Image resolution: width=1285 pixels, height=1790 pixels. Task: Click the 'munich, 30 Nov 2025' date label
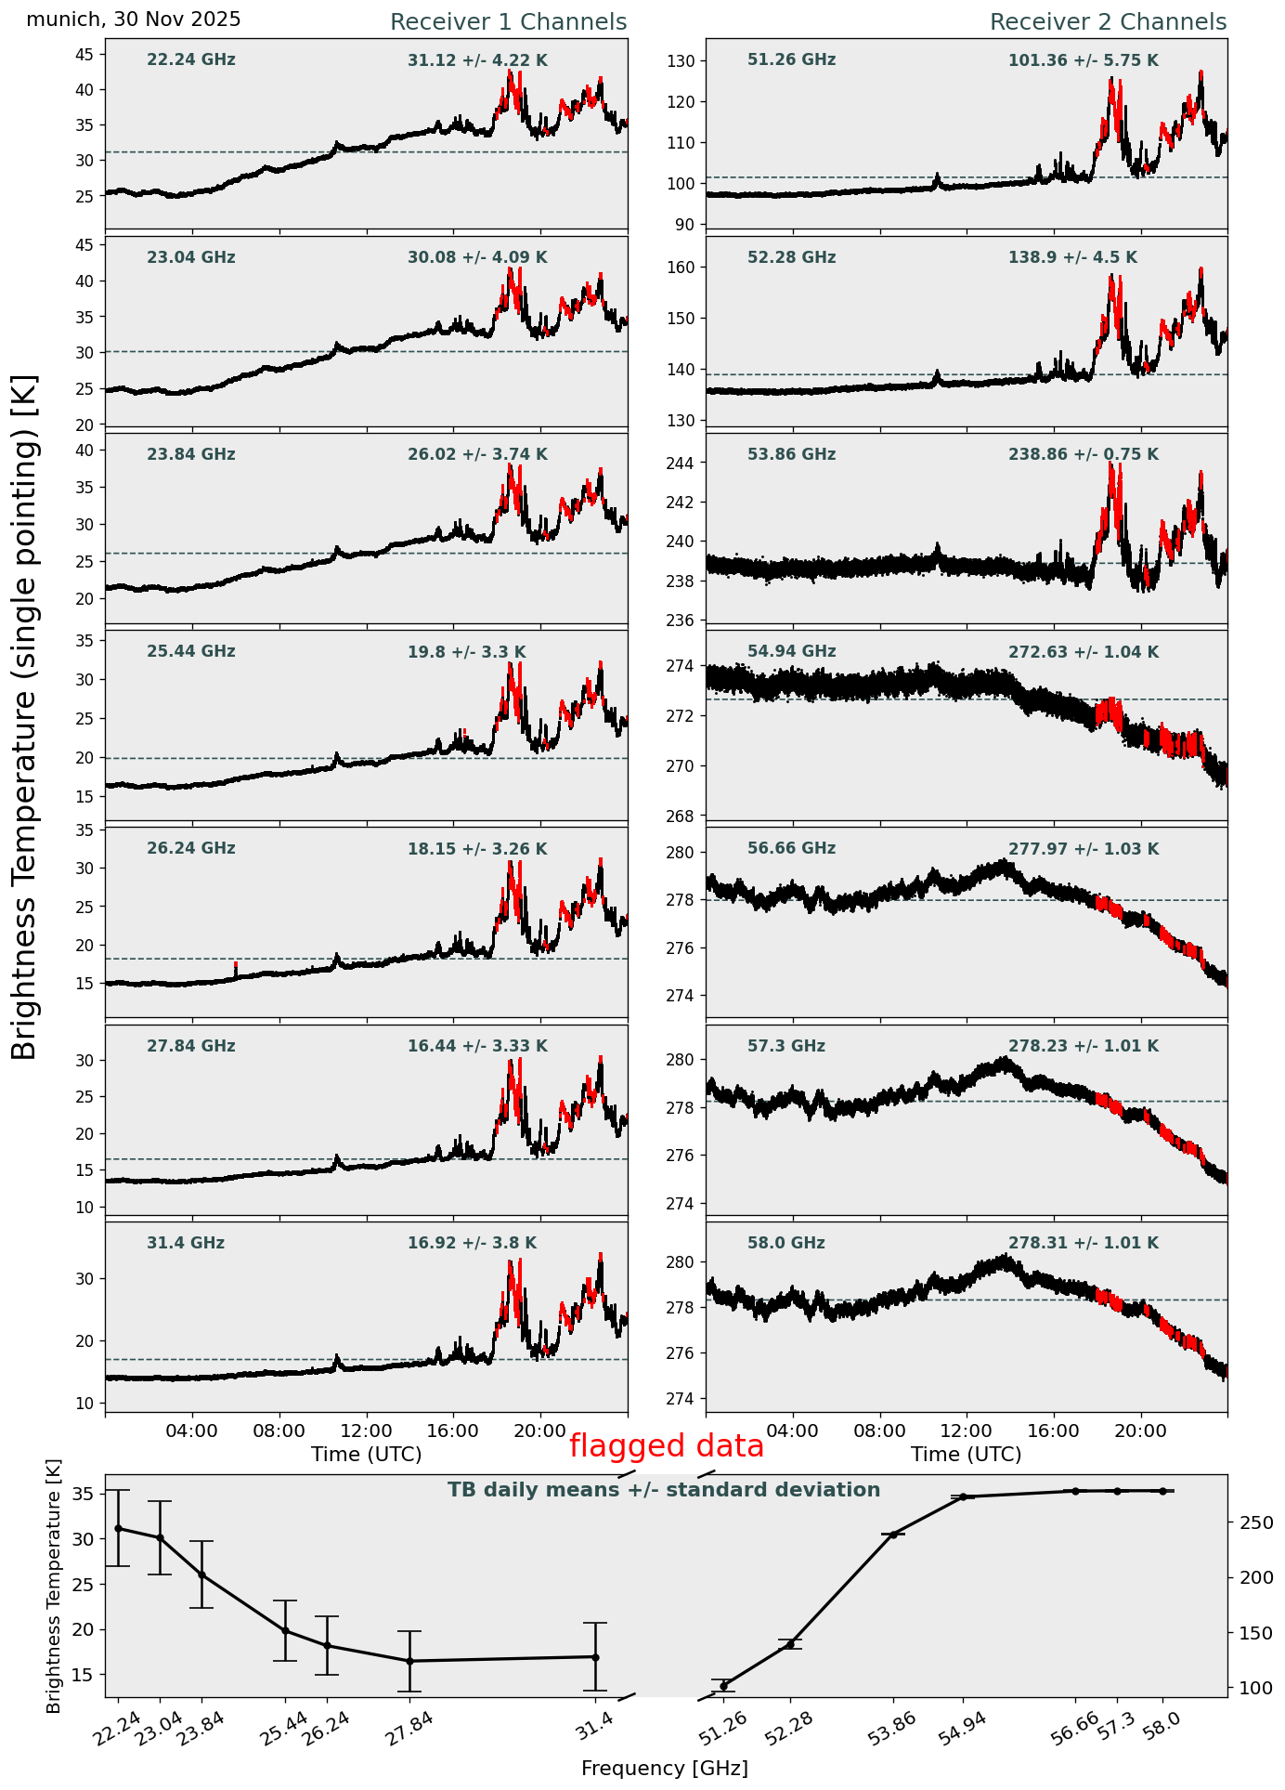pos(134,20)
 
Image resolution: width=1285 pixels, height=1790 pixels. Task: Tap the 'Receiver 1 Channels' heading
pos(508,22)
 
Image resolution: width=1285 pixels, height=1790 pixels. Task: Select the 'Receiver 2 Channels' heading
pos(1108,22)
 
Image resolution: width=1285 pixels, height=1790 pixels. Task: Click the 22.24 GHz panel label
pos(191,60)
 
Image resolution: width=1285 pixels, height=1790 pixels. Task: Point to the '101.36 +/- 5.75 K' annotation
pos(1083,61)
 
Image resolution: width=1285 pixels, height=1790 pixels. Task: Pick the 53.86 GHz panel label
pos(791,454)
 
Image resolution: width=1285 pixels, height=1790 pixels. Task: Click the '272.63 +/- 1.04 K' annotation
pos(1083,652)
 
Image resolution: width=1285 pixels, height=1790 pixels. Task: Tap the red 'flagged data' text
pos(666,1446)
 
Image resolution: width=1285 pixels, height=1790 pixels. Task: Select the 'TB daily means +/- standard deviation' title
pos(664,1490)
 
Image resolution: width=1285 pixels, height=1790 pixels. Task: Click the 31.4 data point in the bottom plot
pos(595,1656)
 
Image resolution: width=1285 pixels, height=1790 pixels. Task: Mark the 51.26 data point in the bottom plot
pos(723,1686)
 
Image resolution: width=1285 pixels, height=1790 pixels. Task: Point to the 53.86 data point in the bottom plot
pos(893,1535)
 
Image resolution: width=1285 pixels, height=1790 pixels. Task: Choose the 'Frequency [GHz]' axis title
pos(664,1769)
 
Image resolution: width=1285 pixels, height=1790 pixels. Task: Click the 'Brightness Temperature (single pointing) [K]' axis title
pos(24,716)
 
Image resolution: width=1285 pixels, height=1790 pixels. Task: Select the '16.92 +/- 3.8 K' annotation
pos(472,1243)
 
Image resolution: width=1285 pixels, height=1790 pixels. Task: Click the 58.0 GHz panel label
pos(785,1243)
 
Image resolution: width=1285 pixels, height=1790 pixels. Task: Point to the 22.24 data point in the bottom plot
pos(118,1528)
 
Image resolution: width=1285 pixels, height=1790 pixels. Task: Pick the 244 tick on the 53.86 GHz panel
pos(687,463)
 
